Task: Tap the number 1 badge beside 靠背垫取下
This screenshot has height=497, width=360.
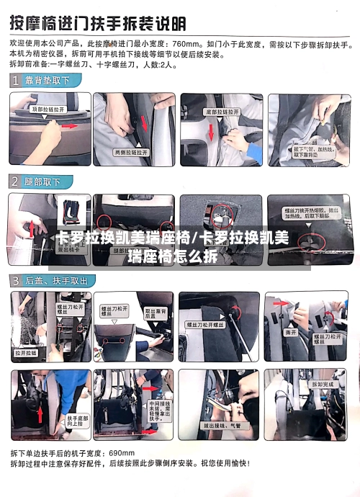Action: click(16, 81)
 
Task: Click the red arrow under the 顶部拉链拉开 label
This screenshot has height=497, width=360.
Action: click(68, 125)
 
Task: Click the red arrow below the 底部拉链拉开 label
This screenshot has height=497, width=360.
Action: click(212, 134)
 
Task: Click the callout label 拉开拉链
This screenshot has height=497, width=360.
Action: click(27, 353)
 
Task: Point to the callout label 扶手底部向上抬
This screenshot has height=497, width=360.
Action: click(77, 419)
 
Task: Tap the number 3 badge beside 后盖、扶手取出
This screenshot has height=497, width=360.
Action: click(16, 280)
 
